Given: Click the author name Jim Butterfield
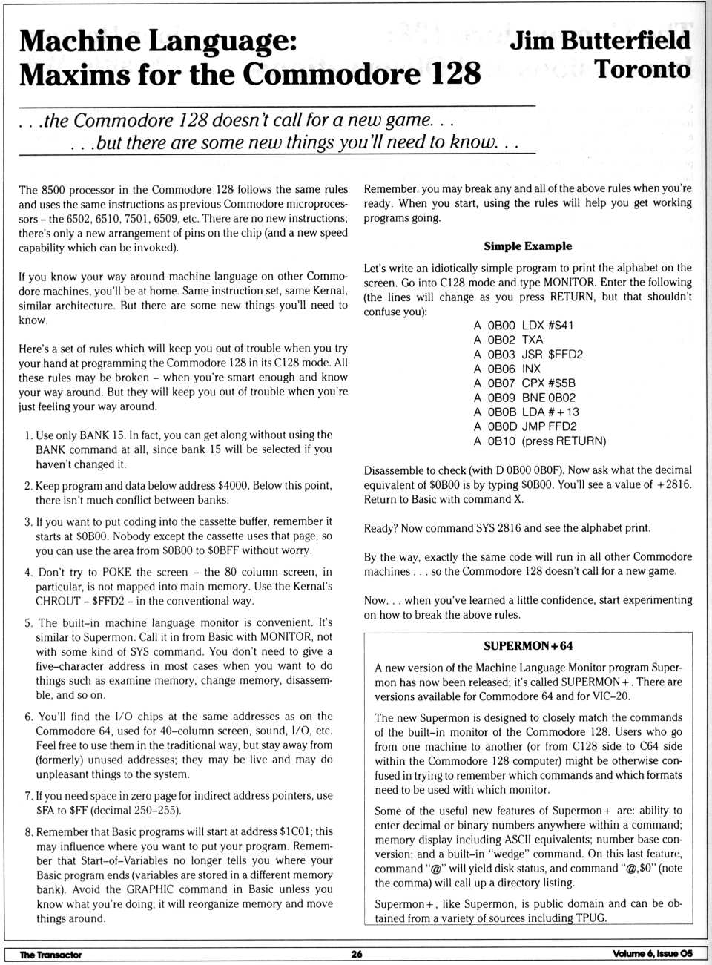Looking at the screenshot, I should [x=600, y=39].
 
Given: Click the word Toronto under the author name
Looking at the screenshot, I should [x=642, y=69].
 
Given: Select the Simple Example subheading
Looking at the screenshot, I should [x=527, y=246].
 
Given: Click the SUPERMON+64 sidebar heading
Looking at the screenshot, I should [x=527, y=645].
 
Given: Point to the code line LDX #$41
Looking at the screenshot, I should [x=547, y=325].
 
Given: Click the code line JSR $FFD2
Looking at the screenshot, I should [x=552, y=354].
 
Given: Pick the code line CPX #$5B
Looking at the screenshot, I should [x=548, y=383].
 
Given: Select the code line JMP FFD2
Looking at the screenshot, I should [x=549, y=426].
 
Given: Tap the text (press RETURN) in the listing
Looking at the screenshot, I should [x=564, y=441].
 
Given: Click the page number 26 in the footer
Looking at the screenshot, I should [x=357, y=954].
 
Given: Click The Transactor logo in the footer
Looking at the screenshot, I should [x=50, y=955].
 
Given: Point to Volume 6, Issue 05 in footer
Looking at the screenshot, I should [x=653, y=954].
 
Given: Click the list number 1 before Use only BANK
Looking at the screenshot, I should [x=27, y=435].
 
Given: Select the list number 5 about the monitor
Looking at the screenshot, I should [x=28, y=623].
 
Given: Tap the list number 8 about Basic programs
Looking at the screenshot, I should [x=28, y=832].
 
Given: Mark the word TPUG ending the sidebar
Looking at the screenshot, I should [x=590, y=918].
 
